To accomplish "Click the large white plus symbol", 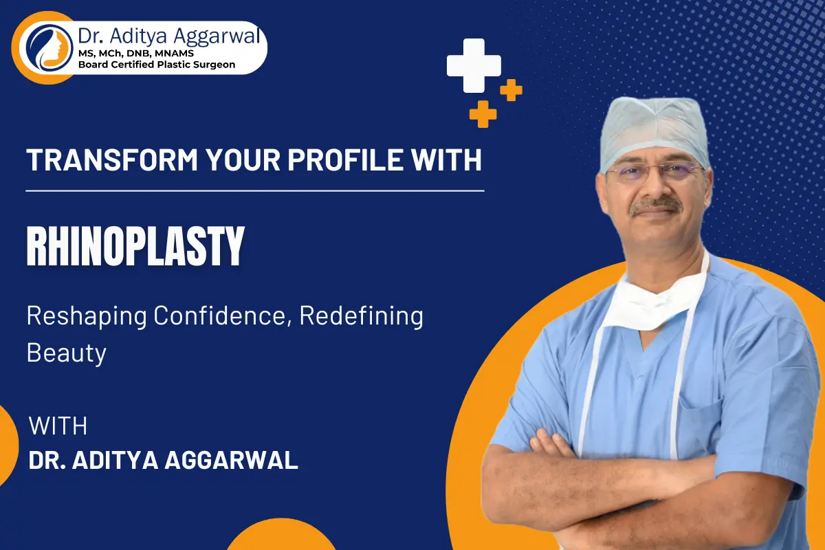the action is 474,65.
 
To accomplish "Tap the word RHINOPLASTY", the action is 135,246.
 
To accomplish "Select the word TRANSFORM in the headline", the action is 112,160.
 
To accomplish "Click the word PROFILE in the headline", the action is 344,160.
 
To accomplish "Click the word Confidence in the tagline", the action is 219,316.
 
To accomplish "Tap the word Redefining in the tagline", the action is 362,316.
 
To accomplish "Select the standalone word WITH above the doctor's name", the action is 58,426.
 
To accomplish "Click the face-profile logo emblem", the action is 49,48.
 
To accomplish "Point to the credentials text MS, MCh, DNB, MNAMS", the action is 136,54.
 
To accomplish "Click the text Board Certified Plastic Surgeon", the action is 157,65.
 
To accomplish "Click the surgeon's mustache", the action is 656,206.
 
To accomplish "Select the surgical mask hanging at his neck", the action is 657,301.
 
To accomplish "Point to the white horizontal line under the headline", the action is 255,191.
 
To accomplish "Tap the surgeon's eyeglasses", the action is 654,172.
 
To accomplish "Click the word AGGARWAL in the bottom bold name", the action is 231,460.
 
